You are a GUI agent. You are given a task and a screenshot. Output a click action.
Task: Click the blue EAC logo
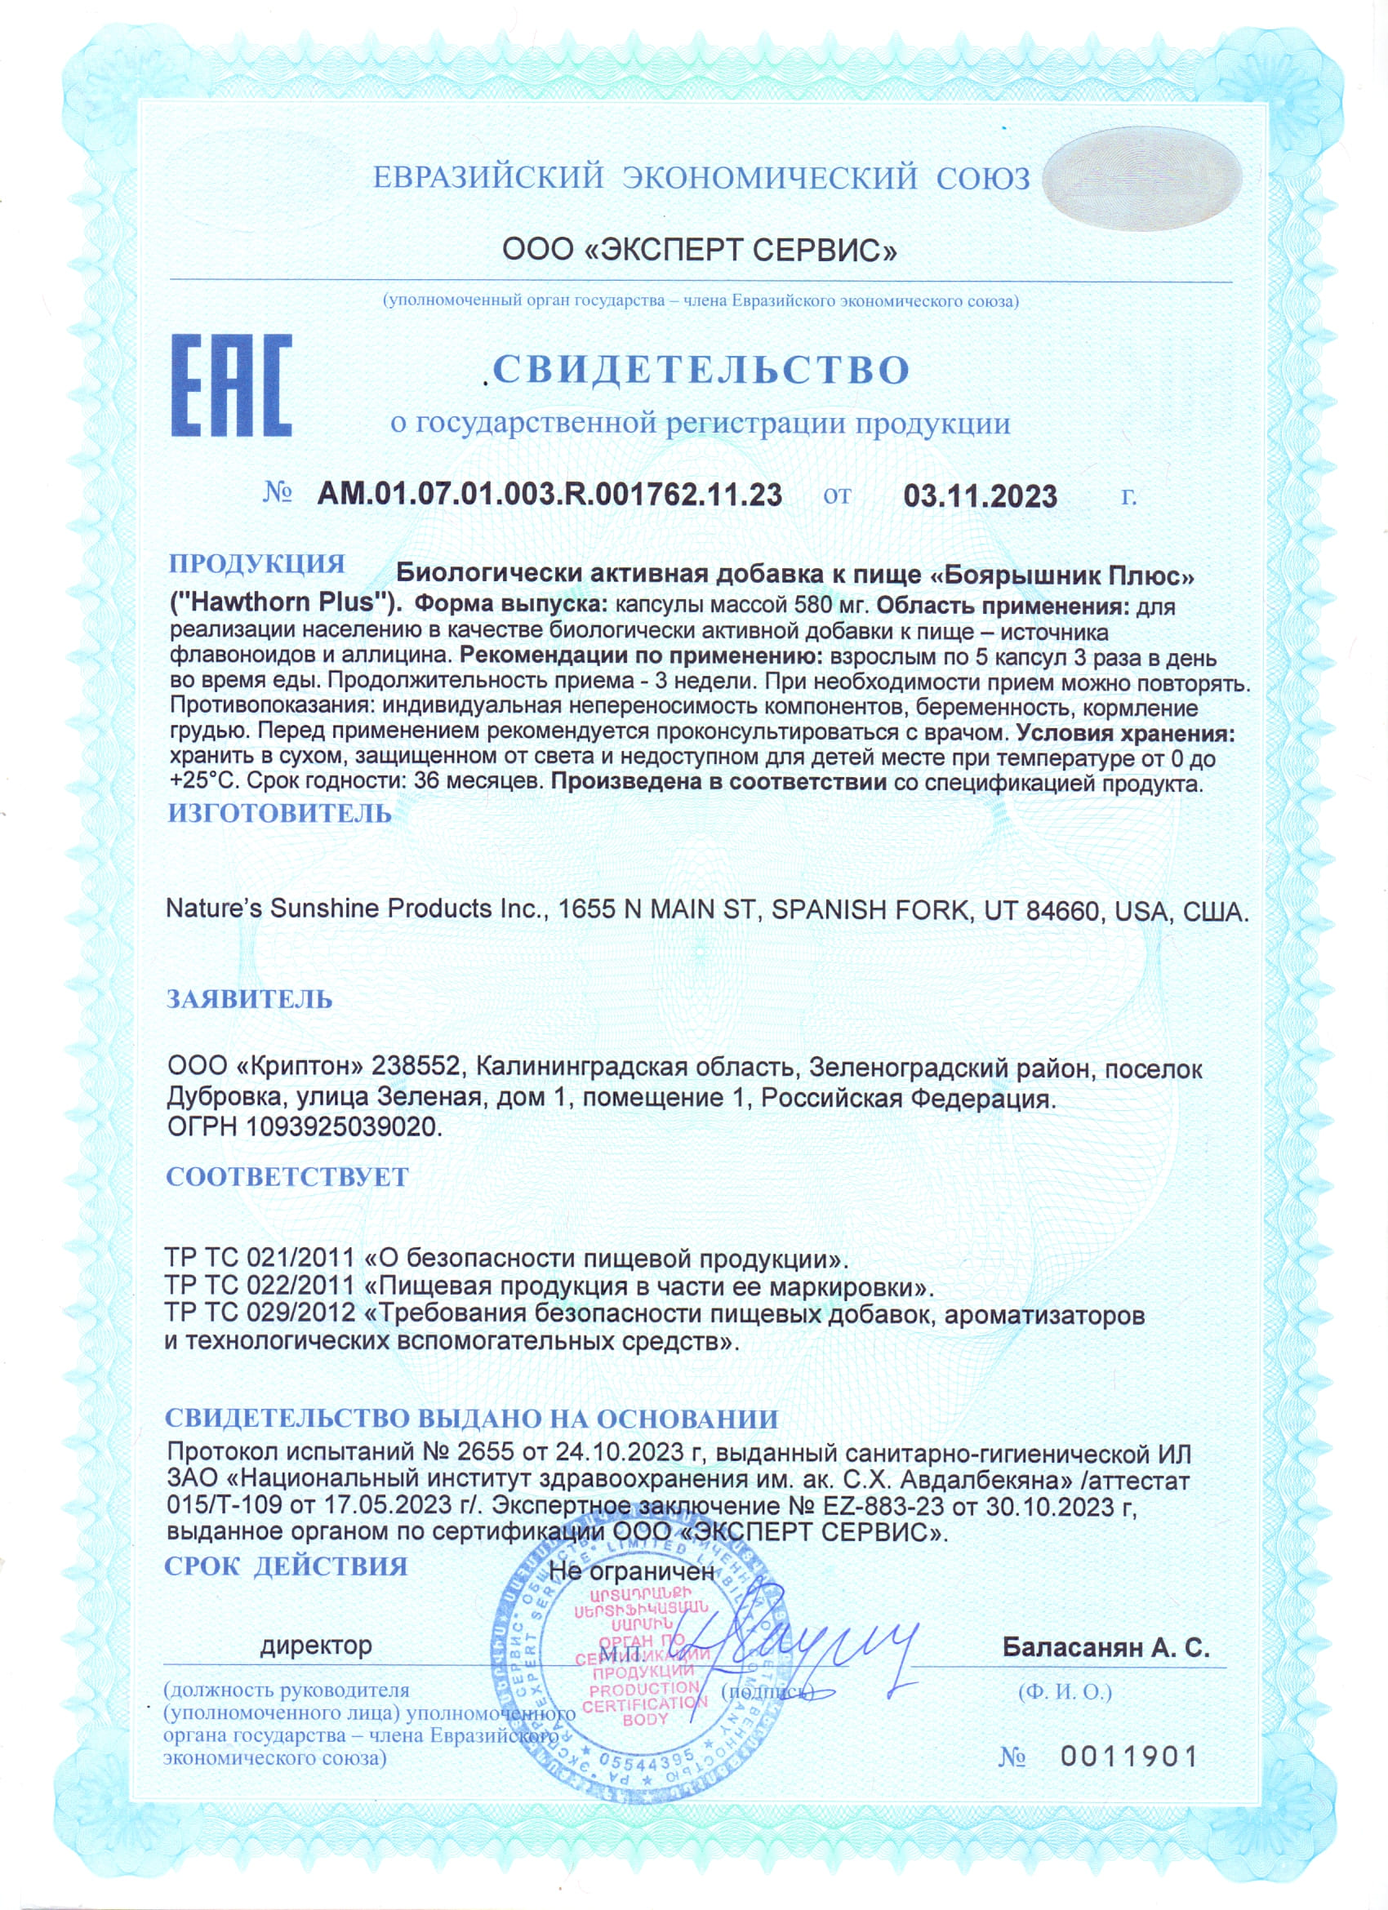[231, 386]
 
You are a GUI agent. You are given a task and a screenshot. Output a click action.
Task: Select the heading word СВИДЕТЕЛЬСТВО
[701, 370]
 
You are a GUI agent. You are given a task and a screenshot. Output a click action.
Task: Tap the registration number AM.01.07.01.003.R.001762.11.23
[549, 495]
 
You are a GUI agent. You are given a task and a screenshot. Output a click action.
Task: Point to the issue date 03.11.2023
[981, 496]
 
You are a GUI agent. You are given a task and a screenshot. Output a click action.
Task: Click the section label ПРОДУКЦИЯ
[257, 563]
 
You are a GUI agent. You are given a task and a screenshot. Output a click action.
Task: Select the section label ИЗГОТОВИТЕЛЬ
[279, 814]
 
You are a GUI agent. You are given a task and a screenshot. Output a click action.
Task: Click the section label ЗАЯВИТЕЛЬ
[249, 1000]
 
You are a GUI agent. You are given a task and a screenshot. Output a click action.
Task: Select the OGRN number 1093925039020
[343, 1126]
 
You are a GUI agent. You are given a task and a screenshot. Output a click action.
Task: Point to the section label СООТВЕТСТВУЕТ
[287, 1177]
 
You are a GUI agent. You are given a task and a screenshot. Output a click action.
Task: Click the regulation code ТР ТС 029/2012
[260, 1314]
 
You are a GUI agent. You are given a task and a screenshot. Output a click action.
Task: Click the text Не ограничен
[631, 1570]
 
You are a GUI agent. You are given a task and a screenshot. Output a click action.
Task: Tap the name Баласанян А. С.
[1105, 1647]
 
